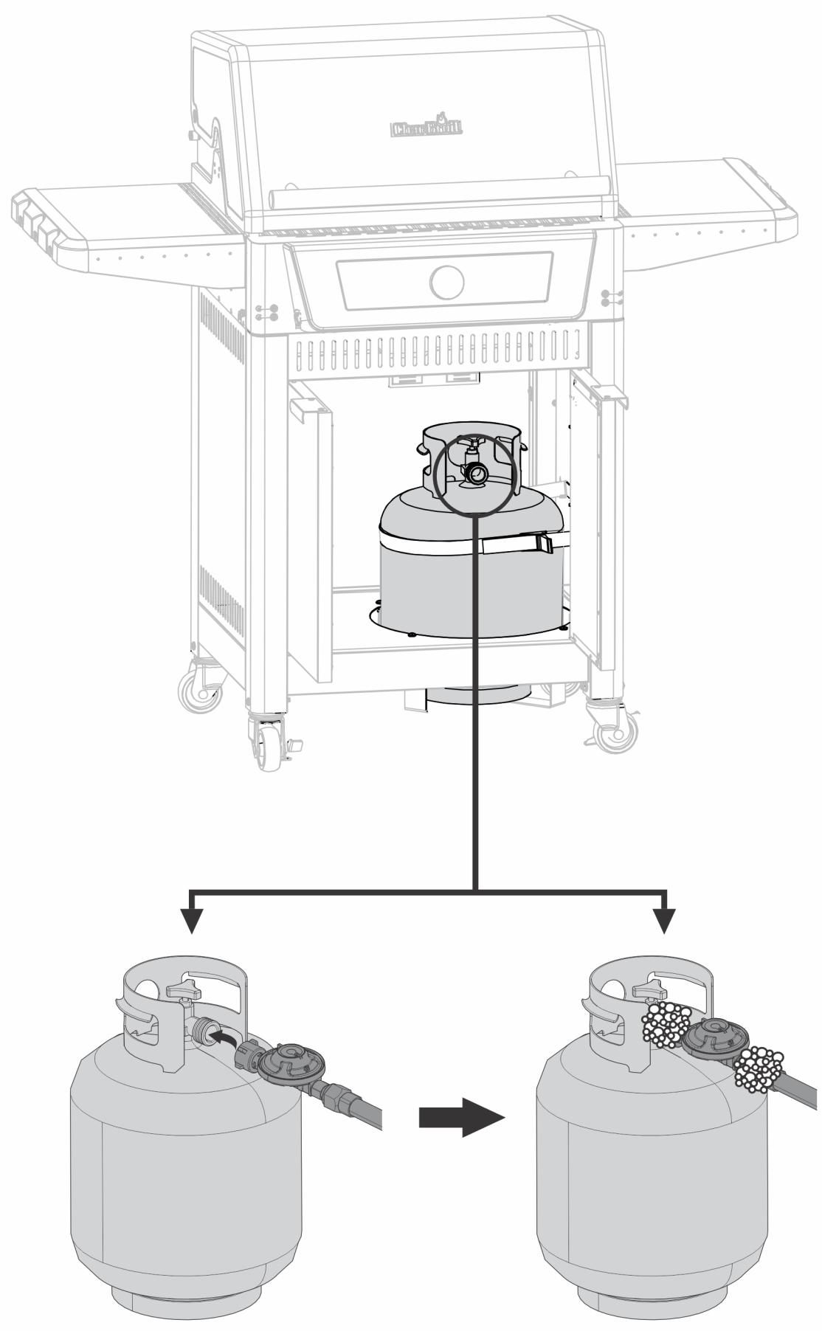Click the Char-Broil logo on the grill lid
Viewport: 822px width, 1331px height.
[x=426, y=128]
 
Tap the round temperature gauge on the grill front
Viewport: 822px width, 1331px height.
[x=446, y=281]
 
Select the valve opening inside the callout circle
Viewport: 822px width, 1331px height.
[x=476, y=473]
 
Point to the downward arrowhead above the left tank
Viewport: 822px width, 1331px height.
[x=192, y=919]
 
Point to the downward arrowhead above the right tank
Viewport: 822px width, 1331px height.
[x=666, y=919]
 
